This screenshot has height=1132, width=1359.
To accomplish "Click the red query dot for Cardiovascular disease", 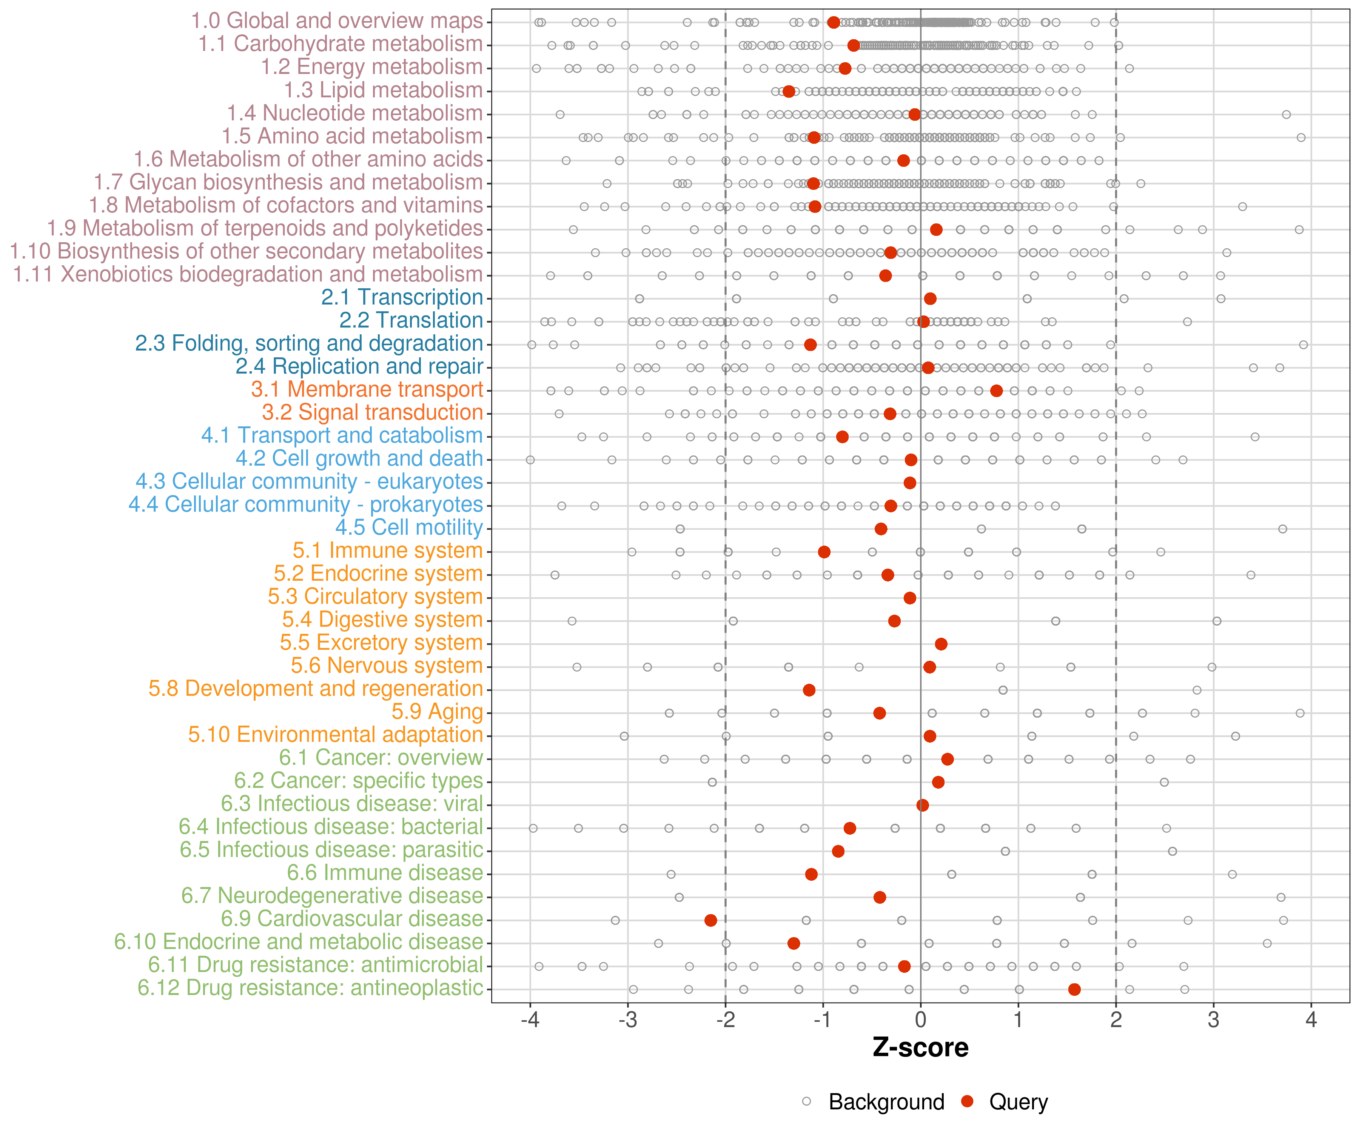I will coord(710,920).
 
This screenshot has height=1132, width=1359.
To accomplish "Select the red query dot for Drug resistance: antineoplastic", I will coord(1074,989).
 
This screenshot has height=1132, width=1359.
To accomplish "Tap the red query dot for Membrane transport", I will coord(997,391).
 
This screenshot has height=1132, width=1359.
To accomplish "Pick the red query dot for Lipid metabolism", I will coord(789,91).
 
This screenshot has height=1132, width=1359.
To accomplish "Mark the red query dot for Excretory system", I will coord(941,644).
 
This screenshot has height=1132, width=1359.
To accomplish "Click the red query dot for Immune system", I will coord(824,552).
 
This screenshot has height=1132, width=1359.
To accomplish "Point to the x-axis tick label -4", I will coord(530,1021).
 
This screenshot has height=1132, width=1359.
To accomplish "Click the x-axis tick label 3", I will coord(1213,1021).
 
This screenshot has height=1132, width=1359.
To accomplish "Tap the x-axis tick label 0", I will coord(920,1021).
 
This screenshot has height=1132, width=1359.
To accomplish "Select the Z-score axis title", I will coord(920,1048).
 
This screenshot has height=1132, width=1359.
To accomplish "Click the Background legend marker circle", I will coord(806,1101).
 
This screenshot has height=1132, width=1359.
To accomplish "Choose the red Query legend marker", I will coord(968,1101).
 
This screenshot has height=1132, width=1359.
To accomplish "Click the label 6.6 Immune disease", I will coord(385,873).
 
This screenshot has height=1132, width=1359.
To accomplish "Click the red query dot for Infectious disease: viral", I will coord(923,805).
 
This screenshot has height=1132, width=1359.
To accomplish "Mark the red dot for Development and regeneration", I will coord(809,690).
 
